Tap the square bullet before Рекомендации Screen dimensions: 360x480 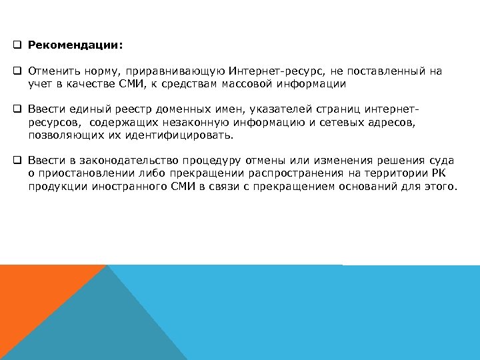17,47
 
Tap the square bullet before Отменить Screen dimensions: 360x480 17,71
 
